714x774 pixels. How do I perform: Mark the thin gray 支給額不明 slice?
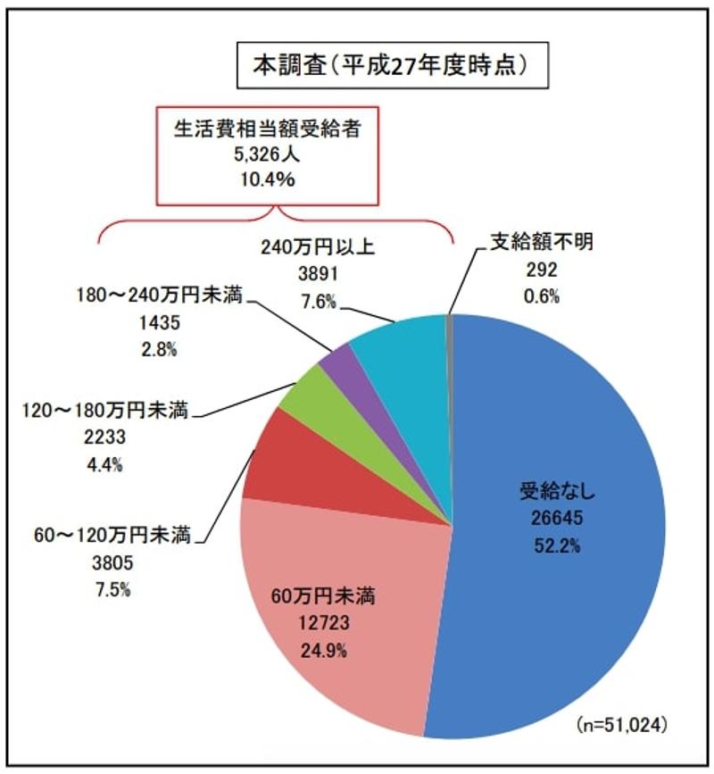449,357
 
